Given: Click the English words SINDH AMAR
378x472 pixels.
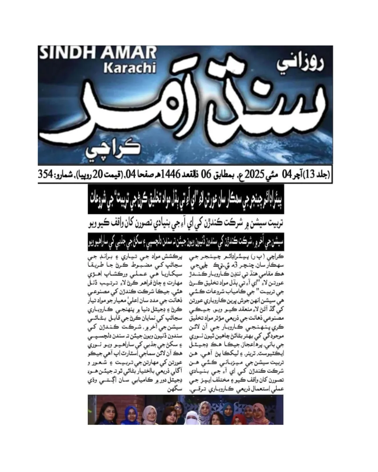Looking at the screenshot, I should tap(98, 53).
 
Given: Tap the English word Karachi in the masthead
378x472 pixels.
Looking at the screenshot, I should tap(129, 68).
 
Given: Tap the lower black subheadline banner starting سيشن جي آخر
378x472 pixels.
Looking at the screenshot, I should tap(185, 241).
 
